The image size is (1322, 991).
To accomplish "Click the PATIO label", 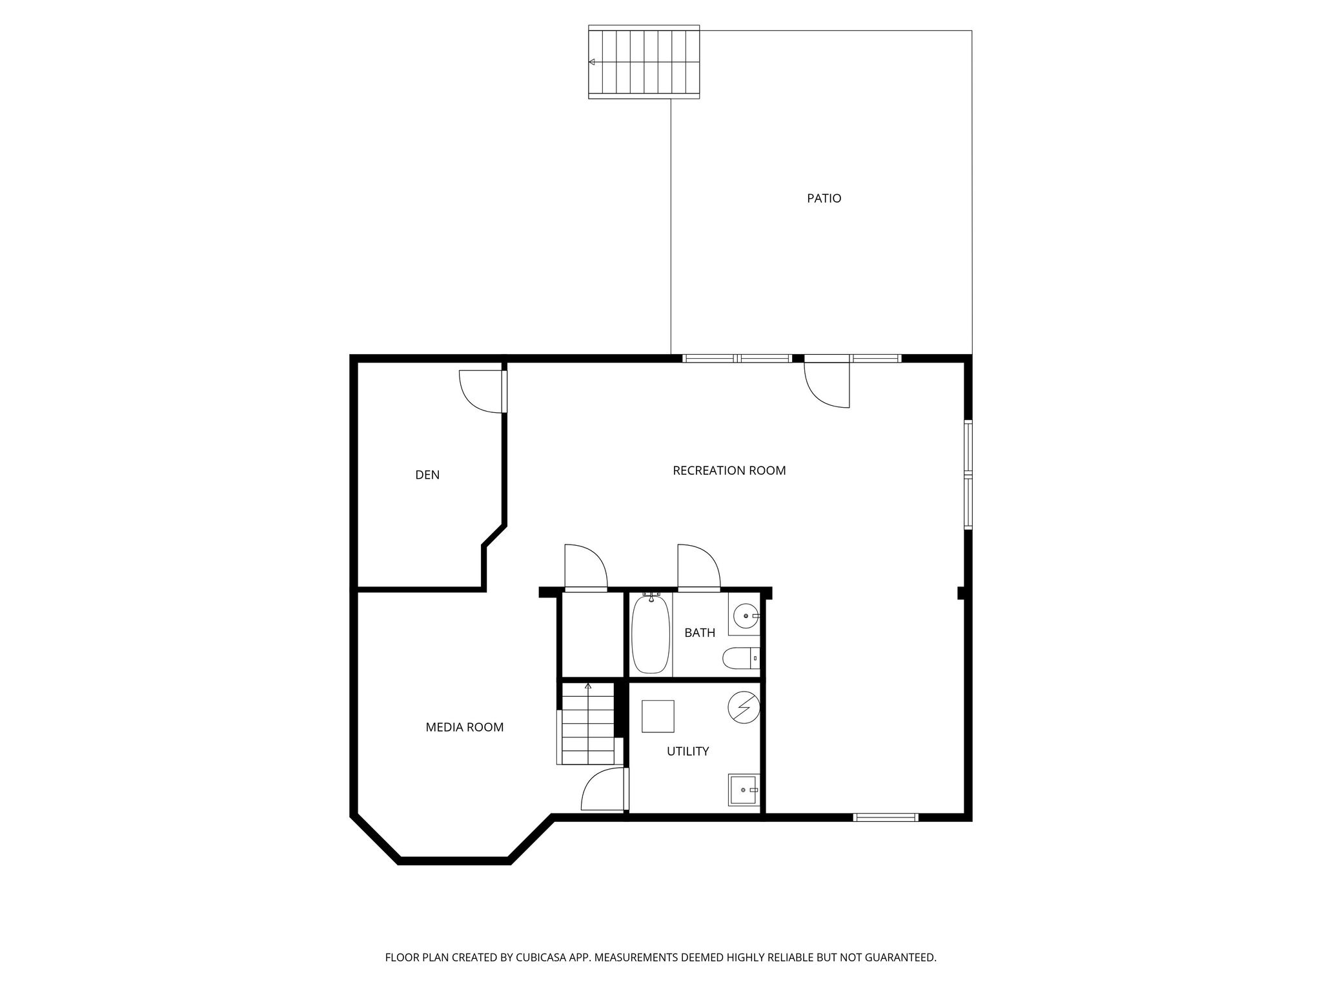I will click(x=824, y=199).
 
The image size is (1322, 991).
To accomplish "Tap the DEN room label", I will click(x=427, y=475).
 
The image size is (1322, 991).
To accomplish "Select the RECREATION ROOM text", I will click(x=729, y=471).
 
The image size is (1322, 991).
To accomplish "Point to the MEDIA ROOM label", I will click(x=464, y=728).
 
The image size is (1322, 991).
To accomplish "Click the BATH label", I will click(x=700, y=633).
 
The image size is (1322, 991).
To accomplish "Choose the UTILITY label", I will click(x=687, y=752).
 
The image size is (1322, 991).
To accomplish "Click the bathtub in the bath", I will click(x=651, y=634).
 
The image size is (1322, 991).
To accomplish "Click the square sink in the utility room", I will click(x=744, y=790).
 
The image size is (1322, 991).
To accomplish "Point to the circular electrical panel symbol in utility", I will click(x=744, y=708).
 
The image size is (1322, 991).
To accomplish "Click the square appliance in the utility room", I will click(x=658, y=716).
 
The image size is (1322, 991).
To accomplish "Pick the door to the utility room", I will click(x=604, y=790).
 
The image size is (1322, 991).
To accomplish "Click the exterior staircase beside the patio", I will click(x=644, y=62).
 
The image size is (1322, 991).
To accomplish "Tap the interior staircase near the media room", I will click(x=587, y=725).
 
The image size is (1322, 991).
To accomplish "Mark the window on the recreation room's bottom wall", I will click(x=885, y=817).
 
